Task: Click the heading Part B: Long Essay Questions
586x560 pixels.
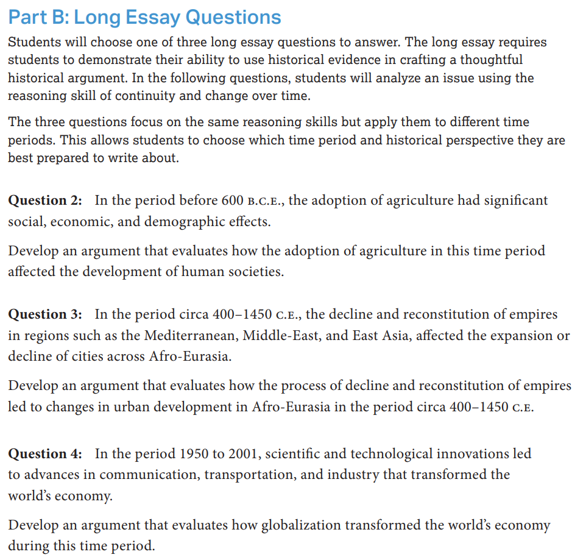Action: pos(144,17)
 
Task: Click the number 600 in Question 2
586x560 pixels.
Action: pos(233,200)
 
